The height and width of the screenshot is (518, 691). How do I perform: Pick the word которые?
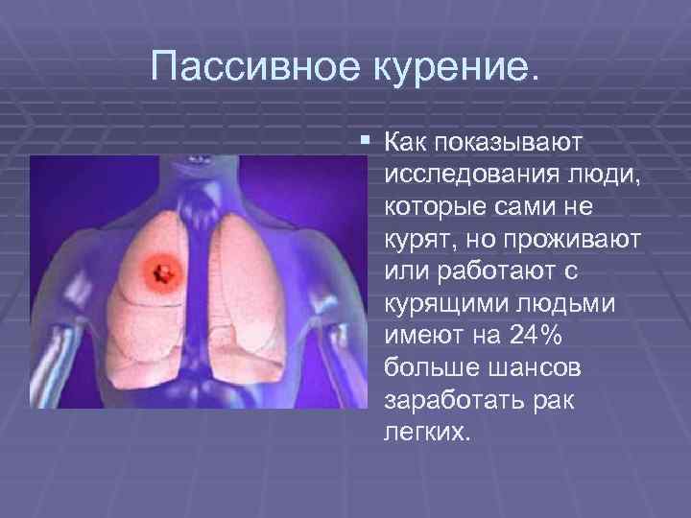click(x=429, y=207)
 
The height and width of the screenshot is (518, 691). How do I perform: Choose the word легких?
click(x=426, y=432)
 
